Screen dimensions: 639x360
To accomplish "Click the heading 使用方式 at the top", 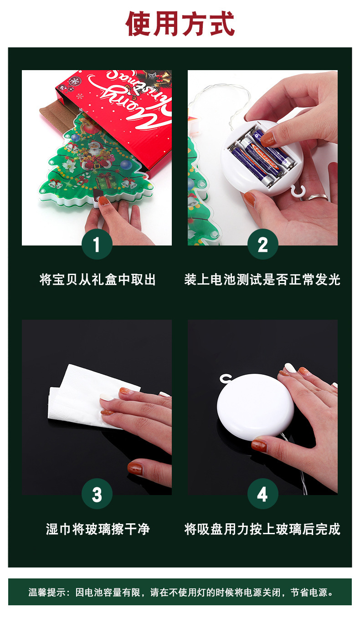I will pyautogui.click(x=180, y=24).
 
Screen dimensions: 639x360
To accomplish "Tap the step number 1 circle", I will pyautogui.click(x=97, y=245).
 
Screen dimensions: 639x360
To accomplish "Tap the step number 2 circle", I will pyautogui.click(x=262, y=245).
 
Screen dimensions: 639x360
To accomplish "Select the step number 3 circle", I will pyautogui.click(x=97, y=494).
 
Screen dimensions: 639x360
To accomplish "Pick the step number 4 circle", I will pyautogui.click(x=262, y=494).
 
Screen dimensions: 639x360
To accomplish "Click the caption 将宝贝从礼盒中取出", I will pyautogui.click(x=97, y=279).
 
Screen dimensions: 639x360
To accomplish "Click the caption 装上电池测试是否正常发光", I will pyautogui.click(x=262, y=279).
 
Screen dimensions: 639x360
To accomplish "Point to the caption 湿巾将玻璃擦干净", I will pyautogui.click(x=97, y=529).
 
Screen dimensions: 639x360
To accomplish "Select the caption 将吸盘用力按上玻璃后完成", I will pyautogui.click(x=262, y=529).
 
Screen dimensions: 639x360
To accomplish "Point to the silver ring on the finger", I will pyautogui.click(x=317, y=197).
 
